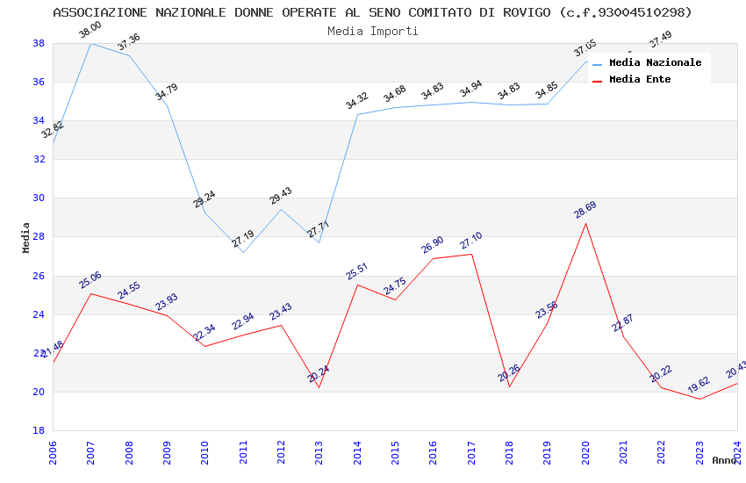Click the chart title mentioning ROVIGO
372,12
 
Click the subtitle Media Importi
372,31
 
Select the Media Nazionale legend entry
655,62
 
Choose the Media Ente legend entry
640,79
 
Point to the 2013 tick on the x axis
319,452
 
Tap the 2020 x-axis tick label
585,452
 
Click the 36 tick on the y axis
39,82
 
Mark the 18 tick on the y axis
39,430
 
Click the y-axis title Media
26,237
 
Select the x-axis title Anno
724,460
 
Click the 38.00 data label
90,31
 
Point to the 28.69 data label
585,210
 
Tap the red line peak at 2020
585,223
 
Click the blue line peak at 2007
90,43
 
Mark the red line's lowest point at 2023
699,399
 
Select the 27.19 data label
243,239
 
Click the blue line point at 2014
357,114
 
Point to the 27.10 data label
471,241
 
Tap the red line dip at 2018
509,387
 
